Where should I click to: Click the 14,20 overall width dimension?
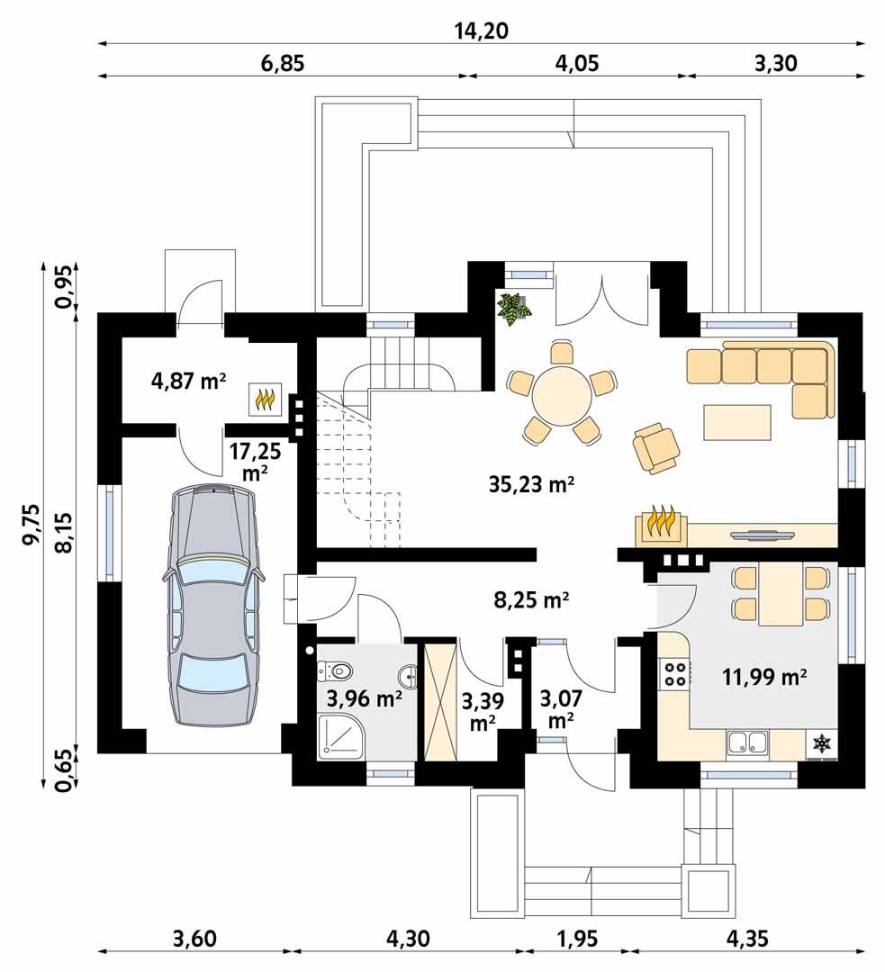click(482, 31)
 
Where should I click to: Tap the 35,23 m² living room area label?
click(532, 484)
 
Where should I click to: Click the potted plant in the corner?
click(515, 309)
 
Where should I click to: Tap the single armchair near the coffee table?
click(657, 446)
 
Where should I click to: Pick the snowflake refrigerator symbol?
click(820, 743)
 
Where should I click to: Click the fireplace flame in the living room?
click(662, 525)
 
